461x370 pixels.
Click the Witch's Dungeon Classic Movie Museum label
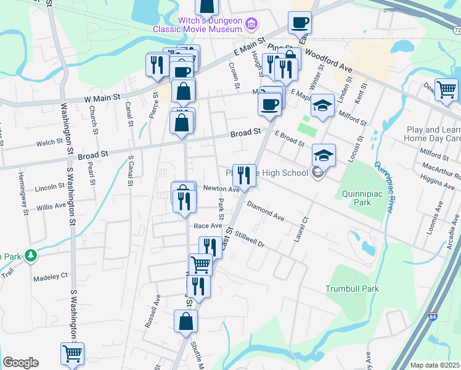210,25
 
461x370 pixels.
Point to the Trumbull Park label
352,289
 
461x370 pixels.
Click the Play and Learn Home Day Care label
433,134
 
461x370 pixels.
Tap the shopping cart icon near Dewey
446,90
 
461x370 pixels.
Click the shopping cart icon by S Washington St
72,354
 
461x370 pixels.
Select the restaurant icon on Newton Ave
245,175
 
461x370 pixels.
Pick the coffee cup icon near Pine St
300,23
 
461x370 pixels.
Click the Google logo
20,363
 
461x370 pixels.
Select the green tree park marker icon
29,255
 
